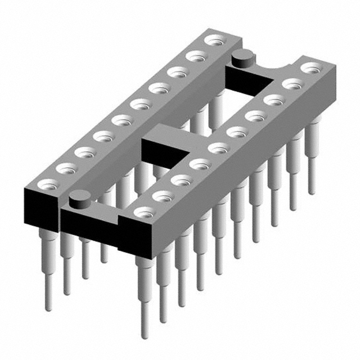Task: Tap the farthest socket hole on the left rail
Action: click(x=214, y=40)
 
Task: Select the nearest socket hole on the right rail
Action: click(x=144, y=212)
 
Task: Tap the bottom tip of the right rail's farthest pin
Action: click(x=311, y=191)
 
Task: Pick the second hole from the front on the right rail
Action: click(x=163, y=196)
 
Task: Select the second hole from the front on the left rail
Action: click(x=66, y=167)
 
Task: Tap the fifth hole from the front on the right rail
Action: click(x=218, y=148)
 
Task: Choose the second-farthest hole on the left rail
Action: click(x=196, y=56)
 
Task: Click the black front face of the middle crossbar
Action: click(x=160, y=151)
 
